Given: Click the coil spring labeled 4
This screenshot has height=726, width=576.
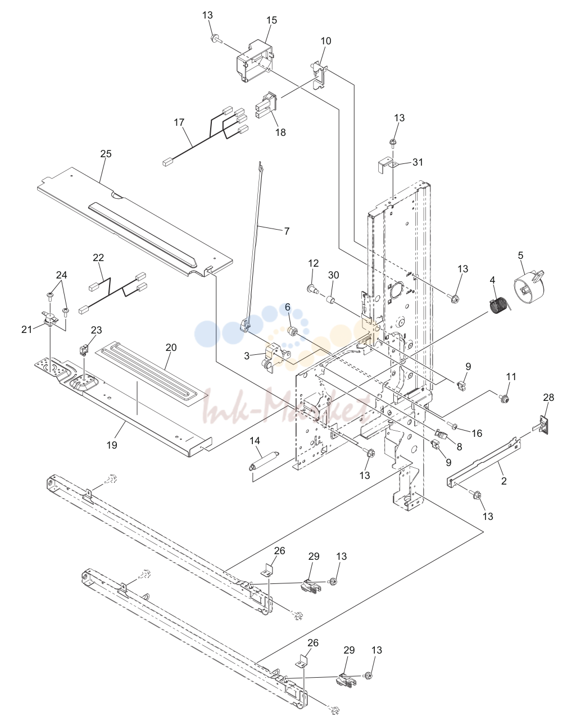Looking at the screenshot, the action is point(498,305).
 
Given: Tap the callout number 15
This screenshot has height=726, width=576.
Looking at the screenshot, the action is point(271,20).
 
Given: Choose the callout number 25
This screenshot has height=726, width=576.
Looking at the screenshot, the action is point(106,153).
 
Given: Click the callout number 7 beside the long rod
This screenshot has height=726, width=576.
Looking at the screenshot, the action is point(287,231).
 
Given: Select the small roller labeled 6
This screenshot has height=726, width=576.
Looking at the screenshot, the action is point(292,331).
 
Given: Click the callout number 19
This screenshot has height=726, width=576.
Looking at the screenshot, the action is point(112,445).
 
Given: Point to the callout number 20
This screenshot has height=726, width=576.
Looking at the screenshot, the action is point(171,347).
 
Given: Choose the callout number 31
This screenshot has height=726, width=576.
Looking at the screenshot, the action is point(418,162).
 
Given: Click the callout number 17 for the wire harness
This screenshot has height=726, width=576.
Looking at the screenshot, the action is point(179,122).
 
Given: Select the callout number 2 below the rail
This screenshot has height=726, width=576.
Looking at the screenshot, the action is point(504,481).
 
